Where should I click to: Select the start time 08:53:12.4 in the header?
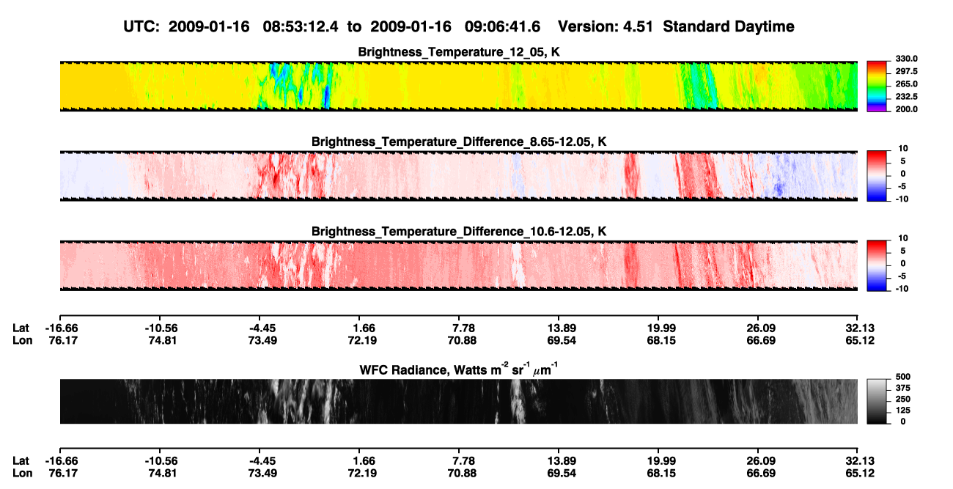(x=301, y=27)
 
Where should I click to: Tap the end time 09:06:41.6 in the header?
(x=502, y=27)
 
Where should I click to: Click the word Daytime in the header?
(x=763, y=27)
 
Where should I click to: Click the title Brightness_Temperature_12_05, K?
(x=459, y=52)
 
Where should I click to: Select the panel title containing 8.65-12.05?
(x=459, y=141)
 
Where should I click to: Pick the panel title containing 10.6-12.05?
(x=459, y=232)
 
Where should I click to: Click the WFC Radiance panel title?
(x=459, y=369)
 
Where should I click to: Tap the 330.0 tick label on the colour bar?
(x=906, y=59)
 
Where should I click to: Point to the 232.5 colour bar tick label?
(x=906, y=97)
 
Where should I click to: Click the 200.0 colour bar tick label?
(x=906, y=109)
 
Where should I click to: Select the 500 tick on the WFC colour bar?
(x=903, y=377)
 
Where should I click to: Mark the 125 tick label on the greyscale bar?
(x=903, y=411)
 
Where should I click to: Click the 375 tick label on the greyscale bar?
(x=903, y=388)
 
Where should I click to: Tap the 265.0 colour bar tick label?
(x=906, y=84)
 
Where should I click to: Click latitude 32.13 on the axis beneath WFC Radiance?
(x=860, y=461)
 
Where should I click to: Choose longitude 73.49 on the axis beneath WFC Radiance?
(x=262, y=474)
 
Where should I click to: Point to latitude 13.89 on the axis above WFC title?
(x=562, y=328)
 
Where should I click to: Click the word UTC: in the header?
(x=141, y=27)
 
